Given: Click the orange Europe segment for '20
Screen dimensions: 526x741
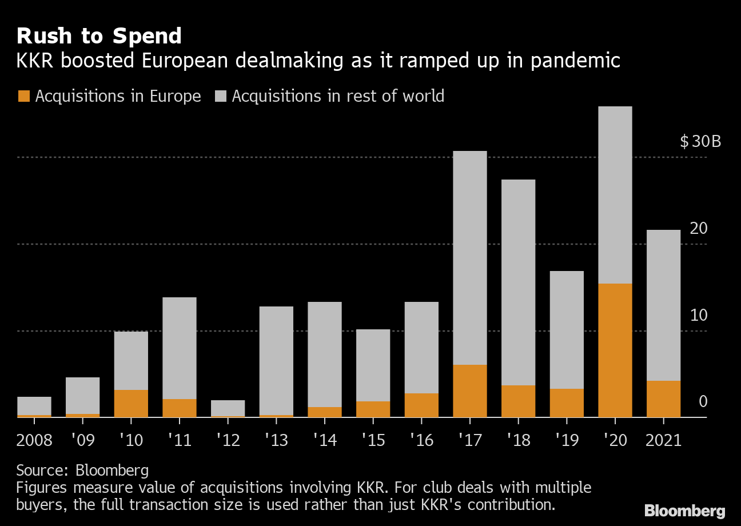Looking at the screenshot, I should pos(615,350).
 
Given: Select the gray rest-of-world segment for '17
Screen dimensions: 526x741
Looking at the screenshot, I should pos(469,257).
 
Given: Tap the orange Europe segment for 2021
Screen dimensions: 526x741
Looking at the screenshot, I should pos(663,399).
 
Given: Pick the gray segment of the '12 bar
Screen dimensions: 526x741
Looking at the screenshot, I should pos(228,408).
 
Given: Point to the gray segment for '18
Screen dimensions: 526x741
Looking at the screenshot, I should pos(518,282).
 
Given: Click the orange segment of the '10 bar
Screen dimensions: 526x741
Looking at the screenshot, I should pos(131,403).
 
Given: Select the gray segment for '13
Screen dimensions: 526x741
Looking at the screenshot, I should pos(276,360).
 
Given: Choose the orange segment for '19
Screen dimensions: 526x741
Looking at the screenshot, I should pos(567,403).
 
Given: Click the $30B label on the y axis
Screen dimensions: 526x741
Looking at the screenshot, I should pos(700,141).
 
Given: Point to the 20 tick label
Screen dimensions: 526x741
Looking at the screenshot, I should pos(699,228).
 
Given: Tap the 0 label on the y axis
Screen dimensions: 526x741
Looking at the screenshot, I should pos(703,402).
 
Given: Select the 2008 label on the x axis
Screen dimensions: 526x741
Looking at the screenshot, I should pos(34,440).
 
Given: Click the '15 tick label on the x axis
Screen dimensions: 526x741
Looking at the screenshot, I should pos(373,440).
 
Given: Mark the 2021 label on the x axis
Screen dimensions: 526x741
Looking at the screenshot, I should pos(663,440).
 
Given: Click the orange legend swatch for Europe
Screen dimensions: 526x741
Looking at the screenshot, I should pos(23,96).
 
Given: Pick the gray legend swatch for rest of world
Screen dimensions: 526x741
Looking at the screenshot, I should pos(221,96).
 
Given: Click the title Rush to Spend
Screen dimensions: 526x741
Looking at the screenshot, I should pos(99,36).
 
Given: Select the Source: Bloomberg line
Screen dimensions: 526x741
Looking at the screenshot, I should pos(82,471).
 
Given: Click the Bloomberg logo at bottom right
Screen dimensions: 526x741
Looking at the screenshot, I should pos(684,511).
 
